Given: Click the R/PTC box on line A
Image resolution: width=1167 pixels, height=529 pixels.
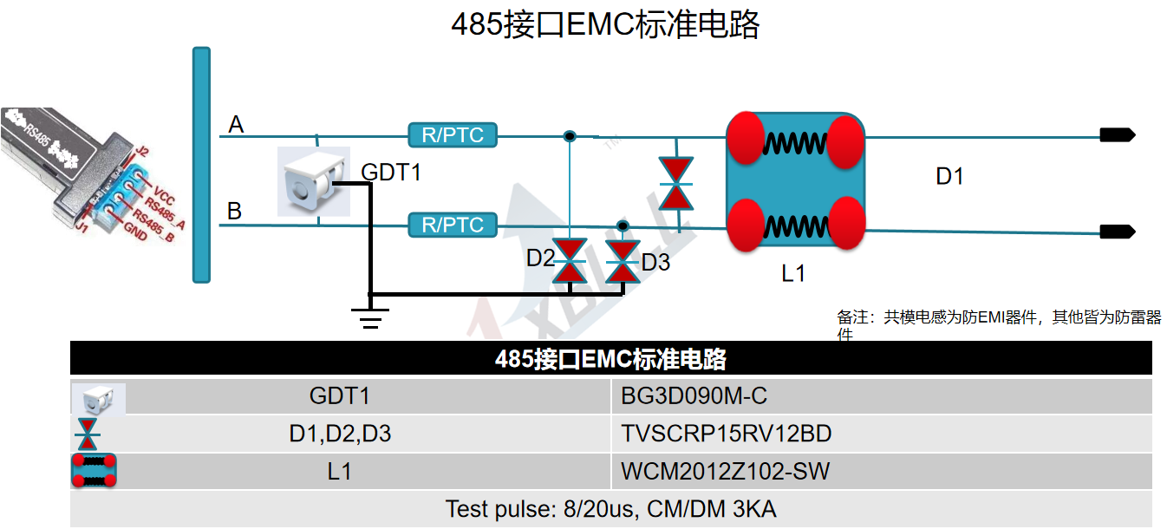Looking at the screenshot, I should tap(452, 135).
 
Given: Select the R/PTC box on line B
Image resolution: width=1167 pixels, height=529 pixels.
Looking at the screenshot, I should tap(452, 225).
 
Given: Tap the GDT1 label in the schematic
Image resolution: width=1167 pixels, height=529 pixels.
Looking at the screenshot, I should tap(391, 172).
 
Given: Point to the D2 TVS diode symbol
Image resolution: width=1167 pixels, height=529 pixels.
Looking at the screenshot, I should tap(570, 260).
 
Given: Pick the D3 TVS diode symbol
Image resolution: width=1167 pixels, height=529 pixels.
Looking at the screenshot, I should tap(622, 261).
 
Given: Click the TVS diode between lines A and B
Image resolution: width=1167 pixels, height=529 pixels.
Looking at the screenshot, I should tap(675, 183).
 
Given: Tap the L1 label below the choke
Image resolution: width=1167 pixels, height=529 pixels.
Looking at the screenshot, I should tap(793, 273).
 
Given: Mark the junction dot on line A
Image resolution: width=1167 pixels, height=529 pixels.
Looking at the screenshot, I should tap(570, 136).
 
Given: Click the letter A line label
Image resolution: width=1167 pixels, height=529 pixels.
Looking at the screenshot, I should tap(236, 126).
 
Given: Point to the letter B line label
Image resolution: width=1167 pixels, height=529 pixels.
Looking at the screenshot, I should tap(235, 211).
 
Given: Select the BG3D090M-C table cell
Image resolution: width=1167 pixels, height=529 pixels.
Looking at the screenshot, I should tap(694, 396).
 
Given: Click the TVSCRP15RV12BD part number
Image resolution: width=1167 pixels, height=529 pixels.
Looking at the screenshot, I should tap(727, 434).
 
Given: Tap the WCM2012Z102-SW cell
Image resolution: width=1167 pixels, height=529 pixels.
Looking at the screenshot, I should tap(725, 472).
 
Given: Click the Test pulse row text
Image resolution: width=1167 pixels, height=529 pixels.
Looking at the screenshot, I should tap(610, 509).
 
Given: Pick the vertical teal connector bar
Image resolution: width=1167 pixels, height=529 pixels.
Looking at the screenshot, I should tap(201, 165).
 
